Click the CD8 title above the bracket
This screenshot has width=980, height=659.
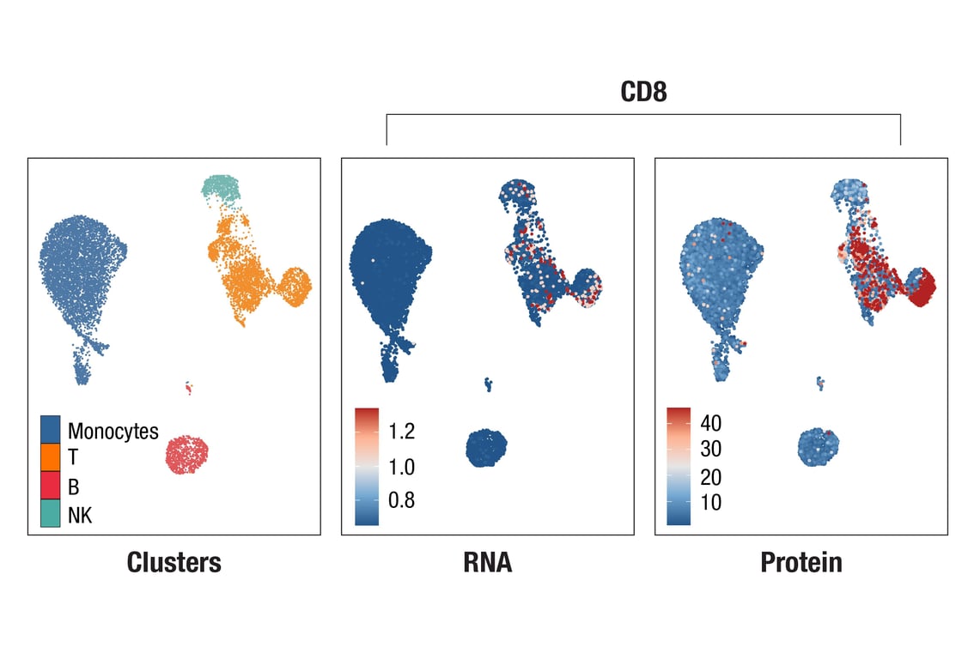(x=643, y=92)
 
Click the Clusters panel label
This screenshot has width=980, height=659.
(x=173, y=562)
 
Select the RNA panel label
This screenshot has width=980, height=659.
(x=487, y=562)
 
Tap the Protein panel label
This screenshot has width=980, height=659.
(x=800, y=562)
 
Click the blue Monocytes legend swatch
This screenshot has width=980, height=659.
(x=51, y=430)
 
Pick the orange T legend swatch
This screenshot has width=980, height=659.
(x=51, y=458)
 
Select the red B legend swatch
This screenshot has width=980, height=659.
(x=51, y=487)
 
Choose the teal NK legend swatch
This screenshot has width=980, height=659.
(x=51, y=515)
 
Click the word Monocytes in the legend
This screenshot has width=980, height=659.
(x=113, y=431)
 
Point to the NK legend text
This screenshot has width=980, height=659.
(x=79, y=516)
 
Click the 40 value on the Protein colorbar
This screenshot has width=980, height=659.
(x=710, y=422)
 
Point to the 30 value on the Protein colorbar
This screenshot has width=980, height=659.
(x=710, y=449)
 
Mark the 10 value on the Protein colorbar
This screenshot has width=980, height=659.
(x=710, y=502)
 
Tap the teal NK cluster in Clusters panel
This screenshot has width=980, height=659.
(x=222, y=188)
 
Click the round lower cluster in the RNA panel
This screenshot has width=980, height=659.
(x=486, y=446)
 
